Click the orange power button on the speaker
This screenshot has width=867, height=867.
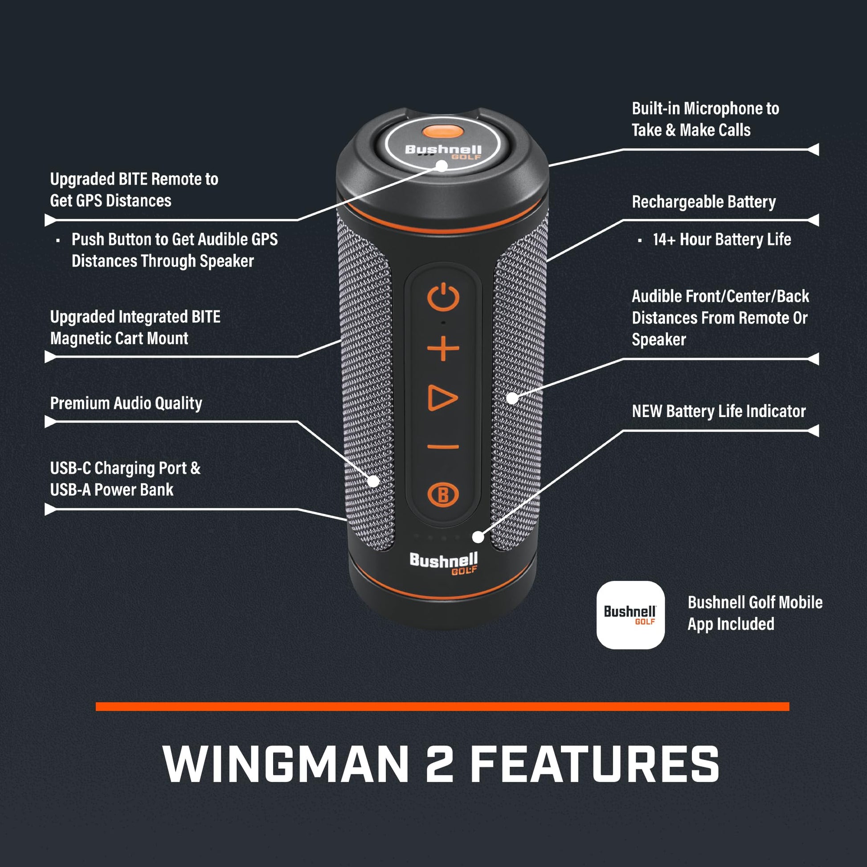pyautogui.click(x=443, y=297)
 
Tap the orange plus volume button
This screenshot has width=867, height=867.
pyautogui.click(x=443, y=348)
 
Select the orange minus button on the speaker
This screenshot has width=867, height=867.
pyautogui.click(x=443, y=447)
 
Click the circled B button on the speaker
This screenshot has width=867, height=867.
pyautogui.click(x=443, y=495)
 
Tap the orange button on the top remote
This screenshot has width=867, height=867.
pyautogui.click(x=442, y=131)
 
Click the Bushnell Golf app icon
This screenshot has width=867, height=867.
pyautogui.click(x=630, y=615)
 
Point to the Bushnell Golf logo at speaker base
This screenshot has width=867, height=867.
pyautogui.click(x=443, y=562)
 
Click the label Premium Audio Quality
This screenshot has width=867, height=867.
pyautogui.click(x=126, y=403)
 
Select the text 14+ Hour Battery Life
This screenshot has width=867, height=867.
pyautogui.click(x=722, y=240)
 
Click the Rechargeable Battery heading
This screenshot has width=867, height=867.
pyautogui.click(x=703, y=202)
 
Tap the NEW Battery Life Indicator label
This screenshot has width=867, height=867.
pyautogui.click(x=719, y=411)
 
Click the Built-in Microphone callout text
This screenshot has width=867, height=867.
pyautogui.click(x=705, y=119)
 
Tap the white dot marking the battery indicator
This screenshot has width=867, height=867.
pyautogui.click(x=478, y=537)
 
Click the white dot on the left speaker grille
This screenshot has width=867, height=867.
pyautogui.click(x=373, y=481)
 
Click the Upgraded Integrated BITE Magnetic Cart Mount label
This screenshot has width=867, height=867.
pyautogui.click(x=135, y=327)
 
